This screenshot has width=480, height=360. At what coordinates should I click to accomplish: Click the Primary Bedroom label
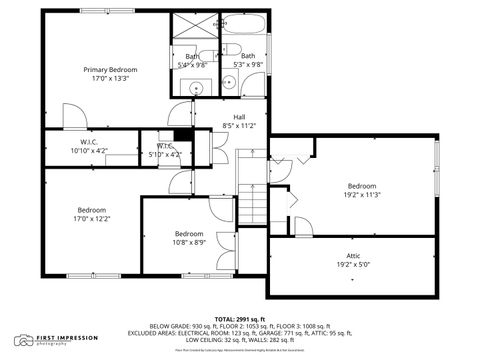pyautogui.click(x=110, y=69)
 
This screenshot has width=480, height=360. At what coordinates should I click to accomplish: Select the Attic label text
pyautogui.click(x=353, y=256)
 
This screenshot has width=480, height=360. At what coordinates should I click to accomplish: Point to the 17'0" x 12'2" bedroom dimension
pyautogui.click(x=91, y=219)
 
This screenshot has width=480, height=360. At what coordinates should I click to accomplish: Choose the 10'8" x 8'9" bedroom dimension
pyautogui.click(x=188, y=242)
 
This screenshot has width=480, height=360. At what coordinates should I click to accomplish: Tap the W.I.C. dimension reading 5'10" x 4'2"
pyautogui.click(x=164, y=154)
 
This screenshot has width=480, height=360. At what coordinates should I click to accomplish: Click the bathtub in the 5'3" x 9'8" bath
pyautogui.click(x=244, y=27)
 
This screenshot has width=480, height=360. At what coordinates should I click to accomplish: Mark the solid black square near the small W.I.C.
pyautogui.click(x=182, y=136)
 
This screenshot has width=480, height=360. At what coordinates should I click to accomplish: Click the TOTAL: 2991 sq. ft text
pyautogui.click(x=240, y=318)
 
